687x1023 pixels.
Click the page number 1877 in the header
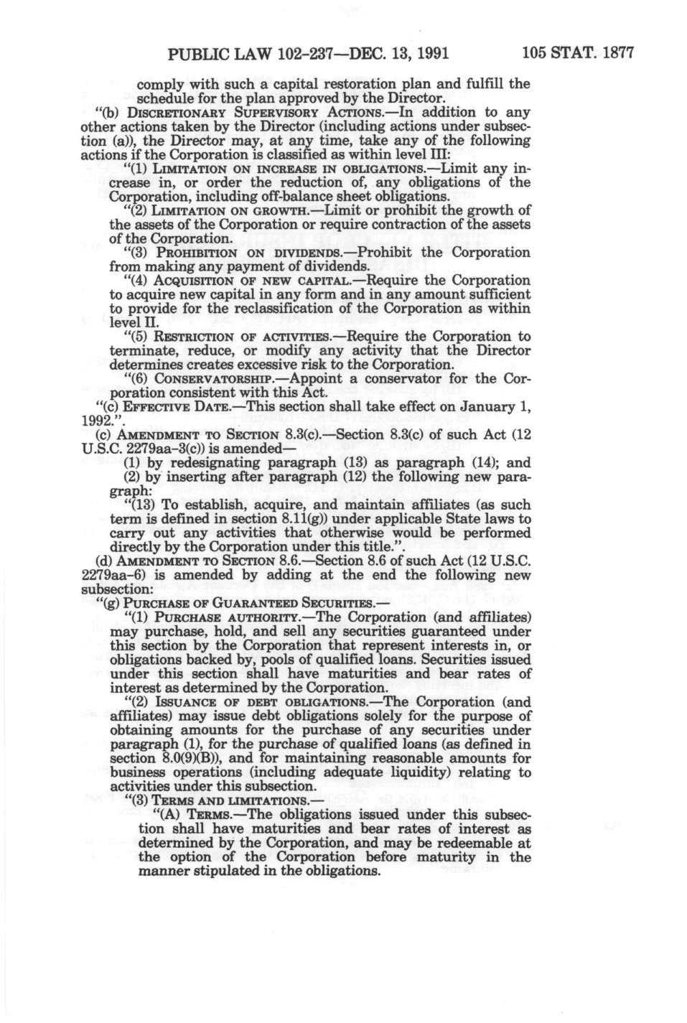[614, 52]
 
